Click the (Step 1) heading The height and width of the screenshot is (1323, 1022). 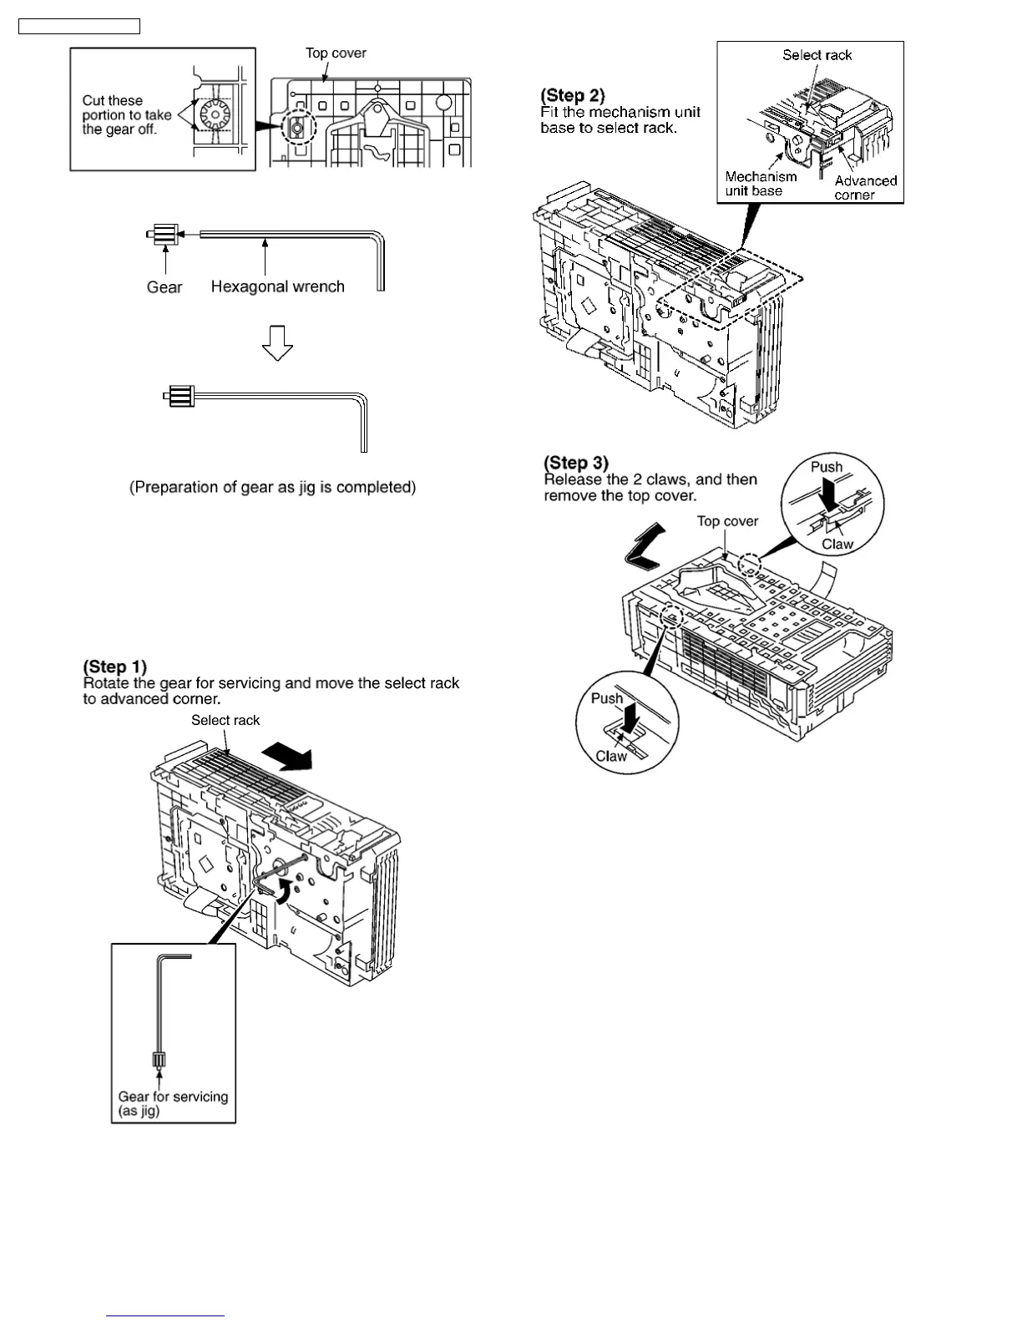pyautogui.click(x=114, y=667)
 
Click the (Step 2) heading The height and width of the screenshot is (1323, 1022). pyautogui.click(x=573, y=95)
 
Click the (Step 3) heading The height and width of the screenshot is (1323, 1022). pyautogui.click(x=576, y=463)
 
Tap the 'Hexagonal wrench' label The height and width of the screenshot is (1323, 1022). pyautogui.click(x=277, y=286)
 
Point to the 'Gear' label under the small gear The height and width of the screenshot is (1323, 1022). pyautogui.click(x=164, y=287)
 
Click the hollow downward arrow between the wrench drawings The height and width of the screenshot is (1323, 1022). pyautogui.click(x=277, y=342)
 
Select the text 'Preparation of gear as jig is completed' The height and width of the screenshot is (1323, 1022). pyautogui.click(x=272, y=487)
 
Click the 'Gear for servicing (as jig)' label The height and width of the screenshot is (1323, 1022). pyautogui.click(x=173, y=1103)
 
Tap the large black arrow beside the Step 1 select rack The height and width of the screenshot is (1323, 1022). pyautogui.click(x=286, y=757)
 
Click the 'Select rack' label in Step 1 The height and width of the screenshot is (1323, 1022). pyautogui.click(x=225, y=720)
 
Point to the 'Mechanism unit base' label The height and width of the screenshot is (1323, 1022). pyautogui.click(x=761, y=184)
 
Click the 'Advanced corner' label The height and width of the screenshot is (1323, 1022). pyautogui.click(x=865, y=188)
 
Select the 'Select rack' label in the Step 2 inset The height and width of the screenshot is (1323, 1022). pyautogui.click(x=817, y=55)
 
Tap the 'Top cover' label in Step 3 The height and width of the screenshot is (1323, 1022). pyautogui.click(x=727, y=521)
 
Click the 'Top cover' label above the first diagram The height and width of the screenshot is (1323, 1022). pyautogui.click(x=336, y=53)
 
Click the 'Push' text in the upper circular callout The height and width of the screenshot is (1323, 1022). pyautogui.click(x=827, y=468)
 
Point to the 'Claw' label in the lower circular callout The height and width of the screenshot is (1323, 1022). pyautogui.click(x=610, y=756)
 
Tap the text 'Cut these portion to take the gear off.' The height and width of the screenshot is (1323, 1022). pyautogui.click(x=127, y=115)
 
